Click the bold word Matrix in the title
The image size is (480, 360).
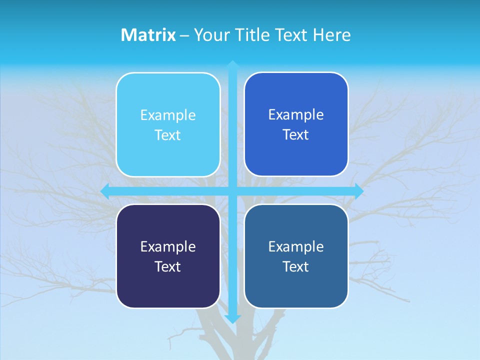148,35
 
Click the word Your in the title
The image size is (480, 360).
210,35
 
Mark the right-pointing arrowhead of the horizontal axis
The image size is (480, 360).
359,191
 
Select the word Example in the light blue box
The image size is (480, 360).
168,115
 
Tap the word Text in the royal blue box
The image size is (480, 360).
296,135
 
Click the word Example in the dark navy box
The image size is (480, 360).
168,246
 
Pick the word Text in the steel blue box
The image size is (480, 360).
296,266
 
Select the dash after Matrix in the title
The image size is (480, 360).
184,35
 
